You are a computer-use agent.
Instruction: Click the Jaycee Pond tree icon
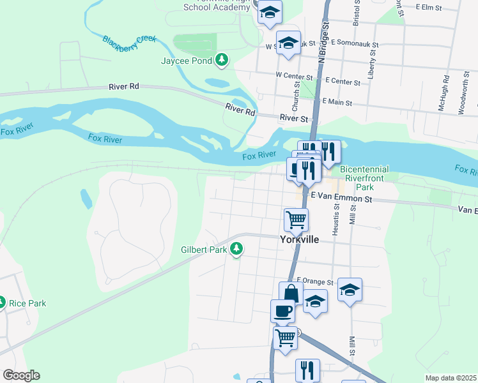(x=222, y=60)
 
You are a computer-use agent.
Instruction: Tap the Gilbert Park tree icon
(x=236, y=249)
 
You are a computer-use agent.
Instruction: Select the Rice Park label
(x=27, y=303)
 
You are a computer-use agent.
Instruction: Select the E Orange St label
(x=316, y=282)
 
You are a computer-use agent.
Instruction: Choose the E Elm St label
(x=428, y=7)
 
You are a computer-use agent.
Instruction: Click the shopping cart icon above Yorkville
(x=296, y=220)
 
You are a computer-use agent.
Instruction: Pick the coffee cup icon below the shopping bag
(x=282, y=311)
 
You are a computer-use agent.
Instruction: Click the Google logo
(x=21, y=375)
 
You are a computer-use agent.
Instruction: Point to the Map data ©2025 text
(x=451, y=378)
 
